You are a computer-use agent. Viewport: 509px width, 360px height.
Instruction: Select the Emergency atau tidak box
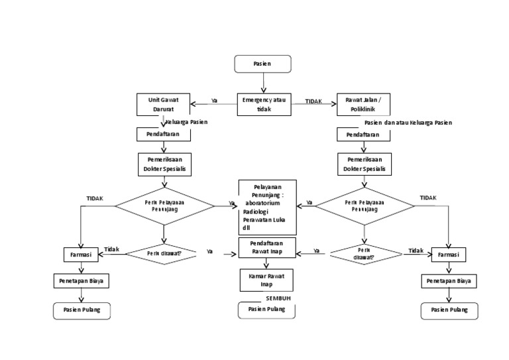[264, 104]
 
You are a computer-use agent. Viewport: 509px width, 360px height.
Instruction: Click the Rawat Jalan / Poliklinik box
[364, 104]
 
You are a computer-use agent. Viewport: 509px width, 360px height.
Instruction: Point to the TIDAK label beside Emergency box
[313, 101]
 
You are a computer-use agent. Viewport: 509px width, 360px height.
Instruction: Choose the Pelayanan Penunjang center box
[268, 207]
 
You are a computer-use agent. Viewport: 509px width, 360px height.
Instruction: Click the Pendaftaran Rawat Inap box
[266, 247]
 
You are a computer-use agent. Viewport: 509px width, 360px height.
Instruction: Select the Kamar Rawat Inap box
[266, 278]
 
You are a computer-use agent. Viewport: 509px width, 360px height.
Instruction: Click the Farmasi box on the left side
[81, 254]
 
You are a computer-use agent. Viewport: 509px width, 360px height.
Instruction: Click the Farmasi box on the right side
[449, 254]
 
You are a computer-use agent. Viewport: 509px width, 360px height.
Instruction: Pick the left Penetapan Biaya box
[81, 280]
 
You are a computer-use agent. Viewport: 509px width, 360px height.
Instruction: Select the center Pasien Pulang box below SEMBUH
[266, 309]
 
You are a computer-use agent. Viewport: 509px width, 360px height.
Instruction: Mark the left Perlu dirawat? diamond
[163, 253]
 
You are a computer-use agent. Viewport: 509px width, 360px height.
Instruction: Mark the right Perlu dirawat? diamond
[364, 253]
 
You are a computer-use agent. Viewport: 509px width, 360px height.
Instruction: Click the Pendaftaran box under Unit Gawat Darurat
[163, 135]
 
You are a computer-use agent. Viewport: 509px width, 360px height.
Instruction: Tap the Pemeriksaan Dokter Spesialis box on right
[364, 164]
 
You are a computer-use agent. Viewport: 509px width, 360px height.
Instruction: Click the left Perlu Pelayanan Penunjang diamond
[163, 205]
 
